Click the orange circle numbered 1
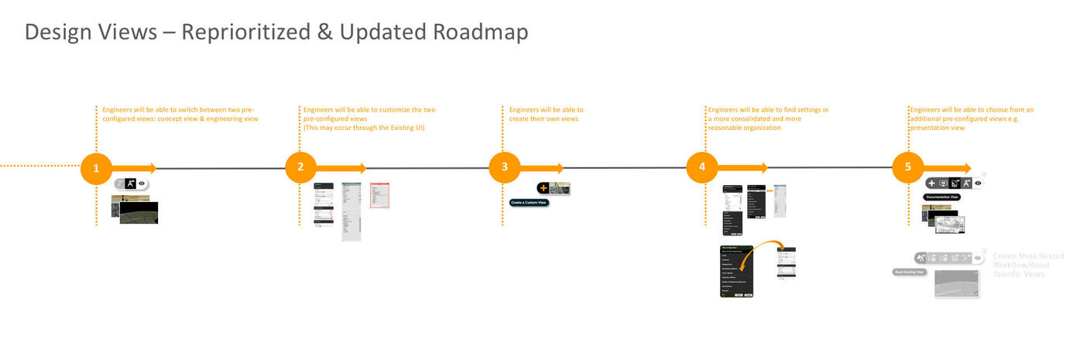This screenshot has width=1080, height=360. [96, 168]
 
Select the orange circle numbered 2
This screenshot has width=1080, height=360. [300, 168]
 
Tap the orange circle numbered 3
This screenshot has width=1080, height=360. [505, 168]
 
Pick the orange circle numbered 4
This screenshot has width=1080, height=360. [702, 168]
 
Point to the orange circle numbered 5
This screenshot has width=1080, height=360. [907, 168]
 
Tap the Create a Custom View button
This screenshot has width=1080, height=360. [529, 202]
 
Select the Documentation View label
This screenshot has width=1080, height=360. [942, 197]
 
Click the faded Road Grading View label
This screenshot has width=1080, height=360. [910, 272]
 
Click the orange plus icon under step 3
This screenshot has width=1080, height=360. [543, 188]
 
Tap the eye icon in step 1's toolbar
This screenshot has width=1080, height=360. [142, 184]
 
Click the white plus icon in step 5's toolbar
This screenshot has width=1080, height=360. [931, 183]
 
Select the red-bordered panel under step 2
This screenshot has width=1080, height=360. [379, 195]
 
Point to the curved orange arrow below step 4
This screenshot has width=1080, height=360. [768, 252]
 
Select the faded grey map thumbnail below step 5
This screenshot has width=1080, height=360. [957, 284]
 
